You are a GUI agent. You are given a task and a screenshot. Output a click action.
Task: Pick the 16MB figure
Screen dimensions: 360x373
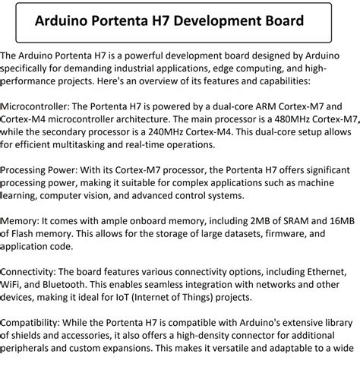[x=339, y=220]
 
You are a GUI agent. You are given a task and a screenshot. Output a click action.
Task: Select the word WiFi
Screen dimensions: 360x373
[x=12, y=285]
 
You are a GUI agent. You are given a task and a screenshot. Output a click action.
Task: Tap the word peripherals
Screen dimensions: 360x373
[x=30, y=349]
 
